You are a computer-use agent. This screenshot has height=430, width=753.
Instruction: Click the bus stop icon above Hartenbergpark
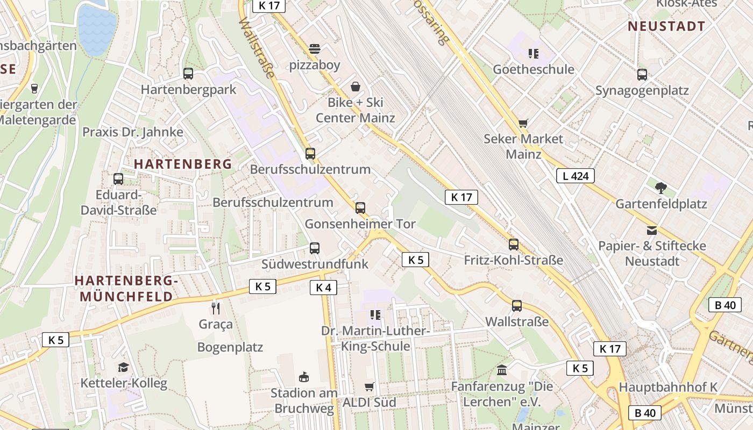[x=188, y=74]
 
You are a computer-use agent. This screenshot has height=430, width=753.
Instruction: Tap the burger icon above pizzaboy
[x=315, y=49]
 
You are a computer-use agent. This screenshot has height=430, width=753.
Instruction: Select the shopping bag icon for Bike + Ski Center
[x=356, y=87]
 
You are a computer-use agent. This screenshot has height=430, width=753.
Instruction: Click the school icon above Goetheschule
[x=533, y=53]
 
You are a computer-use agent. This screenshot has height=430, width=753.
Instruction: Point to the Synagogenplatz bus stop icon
[x=642, y=75]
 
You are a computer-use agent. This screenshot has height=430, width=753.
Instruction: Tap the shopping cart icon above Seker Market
[x=523, y=123]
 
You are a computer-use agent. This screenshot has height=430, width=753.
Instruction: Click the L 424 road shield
[x=575, y=176]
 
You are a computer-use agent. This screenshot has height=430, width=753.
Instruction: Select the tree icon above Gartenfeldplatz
[x=661, y=188]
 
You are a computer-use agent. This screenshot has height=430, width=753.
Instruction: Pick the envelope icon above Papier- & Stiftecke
[x=652, y=231]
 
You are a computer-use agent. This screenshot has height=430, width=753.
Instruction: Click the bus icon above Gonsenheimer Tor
[x=360, y=207]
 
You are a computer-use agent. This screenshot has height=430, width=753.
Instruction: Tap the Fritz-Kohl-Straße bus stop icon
[x=514, y=245]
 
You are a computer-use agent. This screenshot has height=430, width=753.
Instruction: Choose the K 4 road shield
[x=323, y=288]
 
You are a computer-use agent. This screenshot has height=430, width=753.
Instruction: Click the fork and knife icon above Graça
[x=216, y=308]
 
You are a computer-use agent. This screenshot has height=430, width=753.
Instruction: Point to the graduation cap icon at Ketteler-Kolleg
[x=124, y=367]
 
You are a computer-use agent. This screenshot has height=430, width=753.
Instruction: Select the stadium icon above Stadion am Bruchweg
[x=304, y=377]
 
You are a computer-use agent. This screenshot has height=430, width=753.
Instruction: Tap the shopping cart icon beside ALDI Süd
[x=370, y=386]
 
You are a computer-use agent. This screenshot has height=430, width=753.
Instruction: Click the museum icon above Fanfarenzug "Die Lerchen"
[x=502, y=370]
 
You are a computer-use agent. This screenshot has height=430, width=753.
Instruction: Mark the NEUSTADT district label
[x=666, y=26]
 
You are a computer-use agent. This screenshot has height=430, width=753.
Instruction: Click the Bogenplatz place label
[x=230, y=347]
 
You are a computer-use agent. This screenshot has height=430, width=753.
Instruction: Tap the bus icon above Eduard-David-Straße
[x=118, y=178]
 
